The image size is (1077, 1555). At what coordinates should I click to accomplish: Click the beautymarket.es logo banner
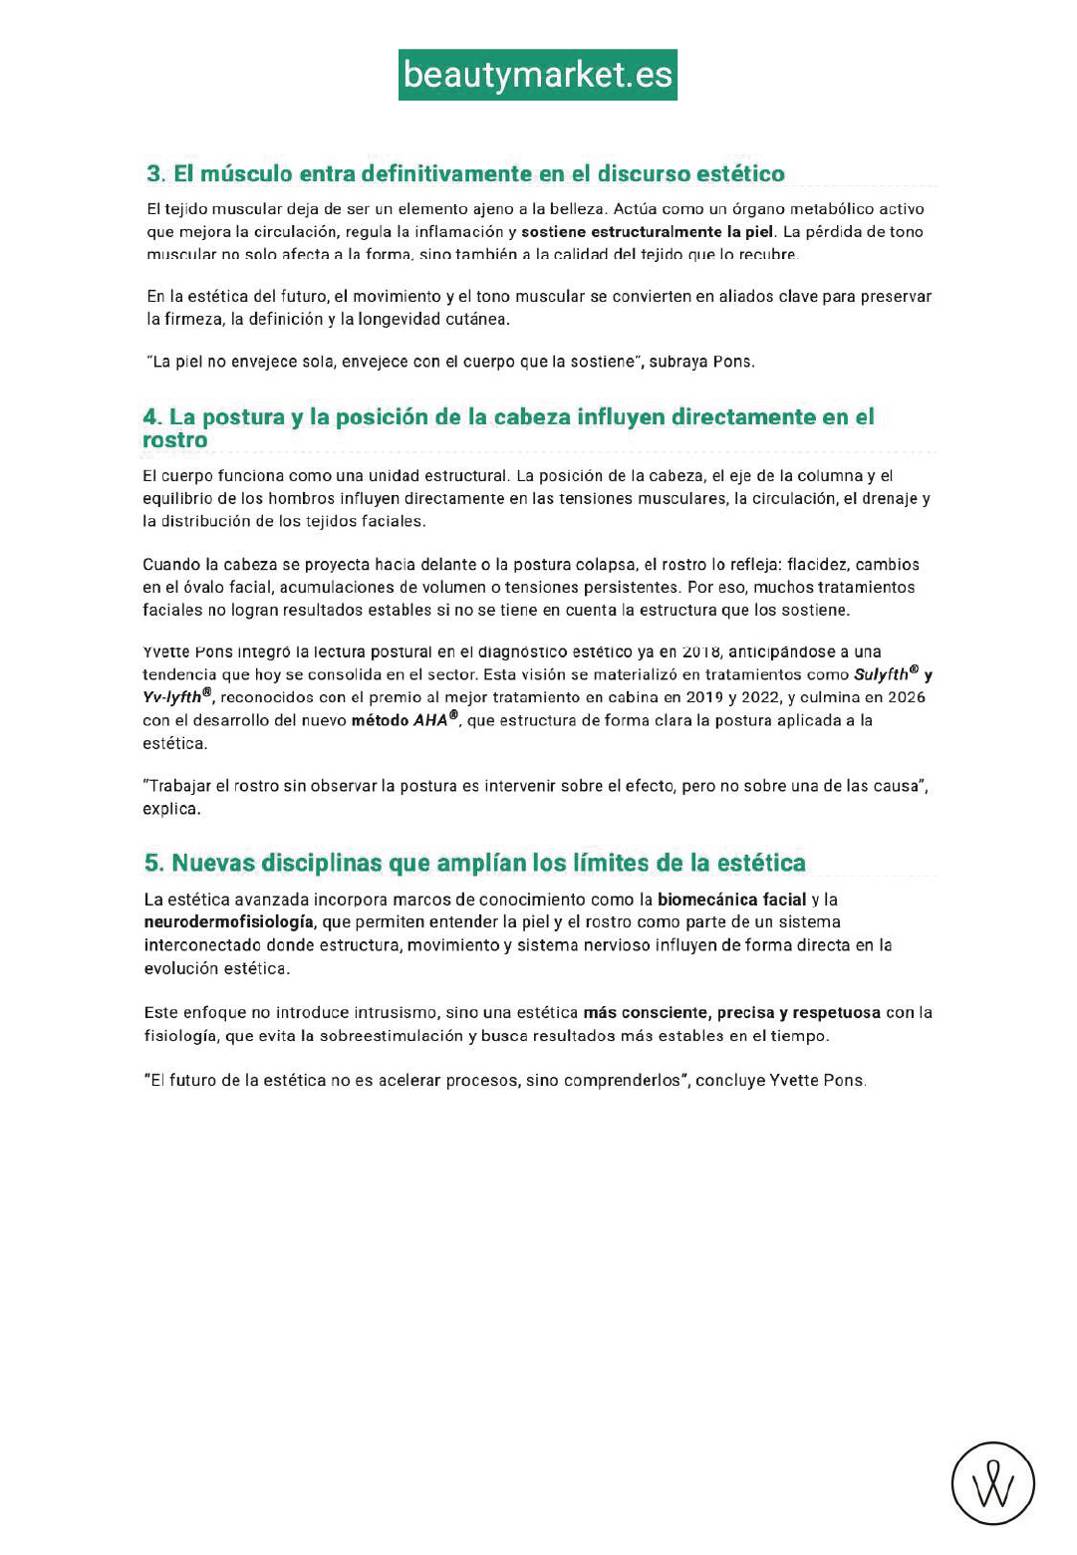[x=538, y=75]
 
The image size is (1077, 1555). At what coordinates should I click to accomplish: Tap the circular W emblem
[x=992, y=1483]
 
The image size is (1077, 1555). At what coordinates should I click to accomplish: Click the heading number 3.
[x=154, y=173]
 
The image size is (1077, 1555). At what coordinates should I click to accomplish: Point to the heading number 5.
[x=153, y=863]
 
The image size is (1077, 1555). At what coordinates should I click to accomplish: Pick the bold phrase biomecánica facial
[x=731, y=900]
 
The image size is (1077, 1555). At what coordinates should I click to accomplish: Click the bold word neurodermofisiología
[x=229, y=922]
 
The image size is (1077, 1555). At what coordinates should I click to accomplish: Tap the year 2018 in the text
[x=701, y=651]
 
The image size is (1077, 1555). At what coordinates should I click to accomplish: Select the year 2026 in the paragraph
[x=906, y=697]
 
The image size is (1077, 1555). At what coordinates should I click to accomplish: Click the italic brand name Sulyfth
[x=881, y=674]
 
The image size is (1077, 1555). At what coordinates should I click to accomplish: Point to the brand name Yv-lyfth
[x=172, y=697]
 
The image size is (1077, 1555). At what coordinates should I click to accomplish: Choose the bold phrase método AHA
[x=400, y=720]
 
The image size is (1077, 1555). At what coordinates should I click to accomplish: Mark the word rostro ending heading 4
[x=175, y=440]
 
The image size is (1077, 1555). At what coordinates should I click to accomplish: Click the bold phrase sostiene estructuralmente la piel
[x=648, y=232]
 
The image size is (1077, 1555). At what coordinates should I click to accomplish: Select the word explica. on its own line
[x=171, y=809]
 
